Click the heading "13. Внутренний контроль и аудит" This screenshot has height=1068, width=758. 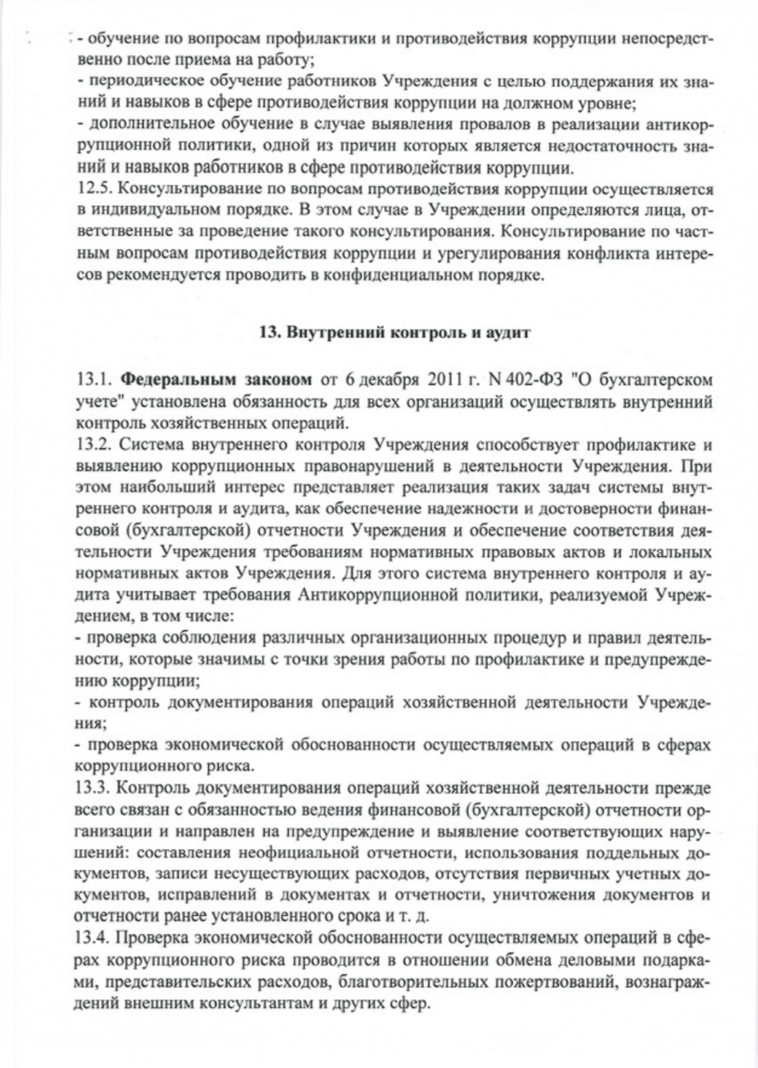[394, 332]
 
